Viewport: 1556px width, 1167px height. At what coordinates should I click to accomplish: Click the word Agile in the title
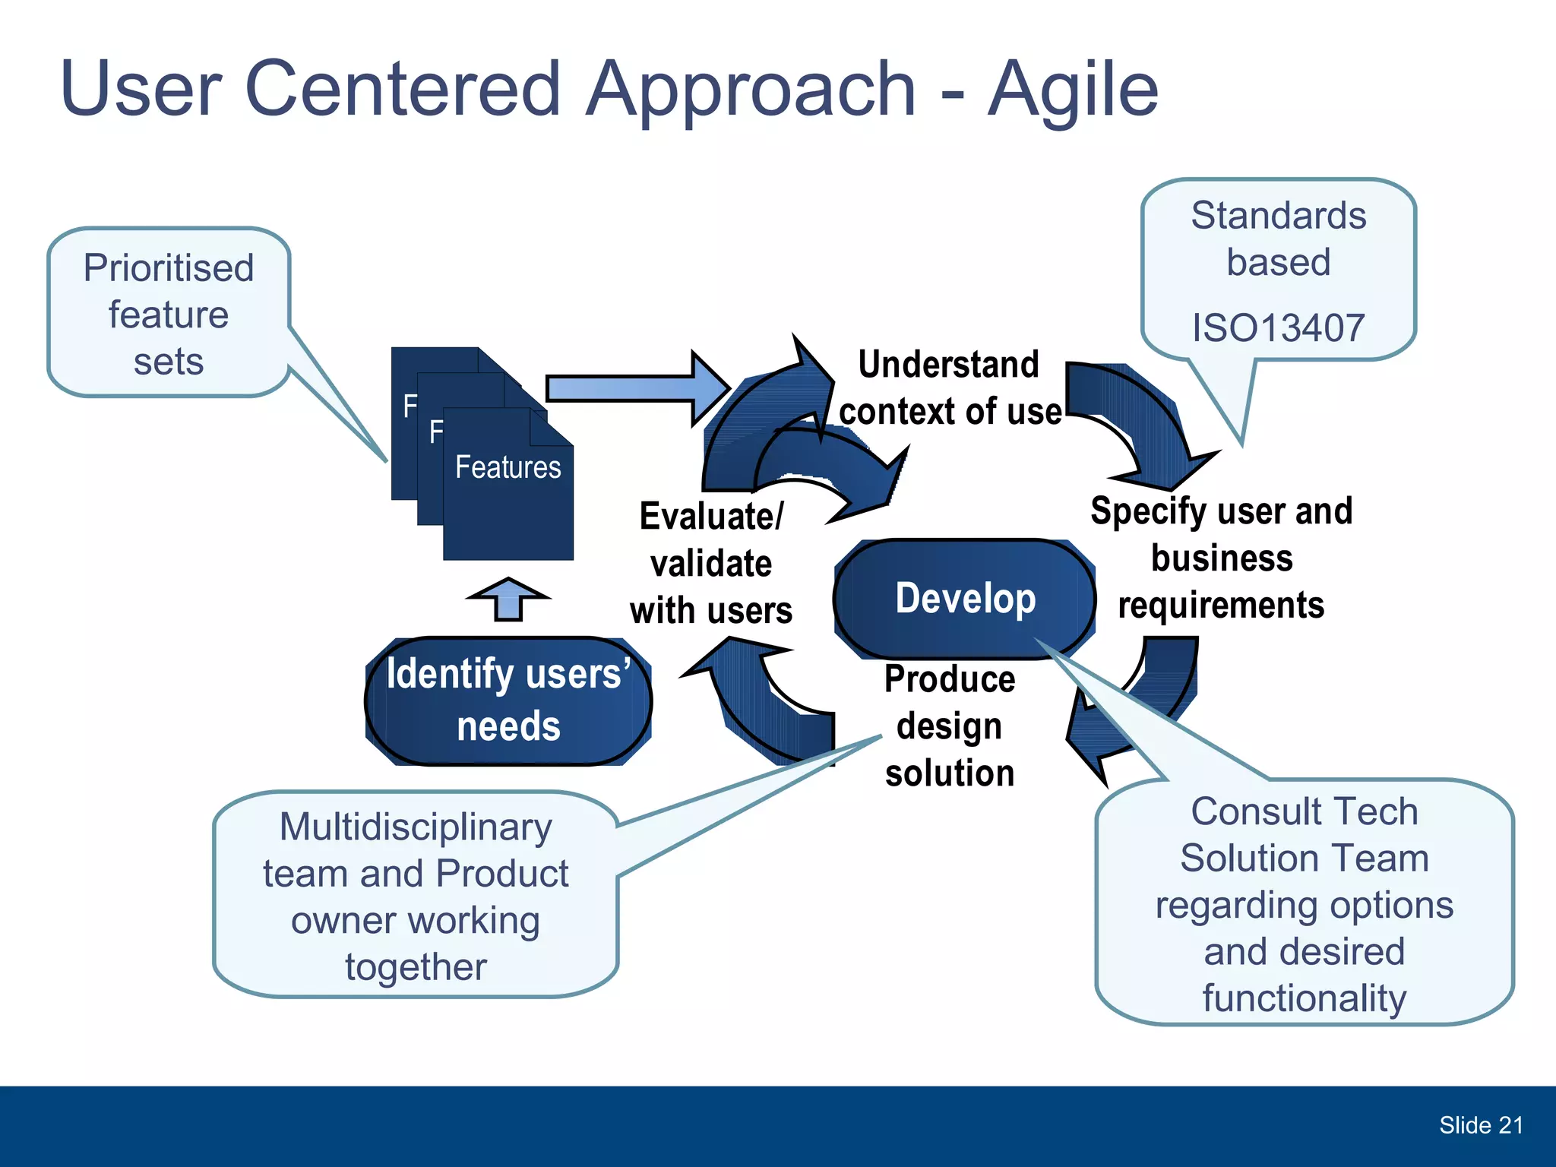click(x=1072, y=91)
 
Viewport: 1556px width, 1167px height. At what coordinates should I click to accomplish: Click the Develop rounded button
click(x=965, y=599)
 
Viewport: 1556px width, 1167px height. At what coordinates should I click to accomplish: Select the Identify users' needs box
click(x=508, y=700)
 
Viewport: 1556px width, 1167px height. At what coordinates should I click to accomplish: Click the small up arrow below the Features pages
click(x=508, y=599)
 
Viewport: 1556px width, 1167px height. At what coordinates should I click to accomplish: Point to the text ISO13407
click(x=1278, y=327)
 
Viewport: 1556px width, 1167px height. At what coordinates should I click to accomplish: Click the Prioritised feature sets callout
click(x=169, y=314)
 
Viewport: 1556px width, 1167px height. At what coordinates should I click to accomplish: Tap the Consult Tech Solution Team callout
click(x=1304, y=904)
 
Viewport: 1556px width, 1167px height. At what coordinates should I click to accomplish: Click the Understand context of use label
click(x=949, y=387)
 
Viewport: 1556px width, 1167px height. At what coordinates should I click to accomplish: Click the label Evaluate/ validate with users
click(x=711, y=563)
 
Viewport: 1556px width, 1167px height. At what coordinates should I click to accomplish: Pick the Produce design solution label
click(x=949, y=726)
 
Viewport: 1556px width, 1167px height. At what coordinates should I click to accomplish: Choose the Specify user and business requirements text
click(x=1221, y=558)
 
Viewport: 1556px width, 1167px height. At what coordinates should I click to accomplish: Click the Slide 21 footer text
click(x=1481, y=1125)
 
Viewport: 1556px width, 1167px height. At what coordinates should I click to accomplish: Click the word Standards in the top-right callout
click(x=1278, y=216)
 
